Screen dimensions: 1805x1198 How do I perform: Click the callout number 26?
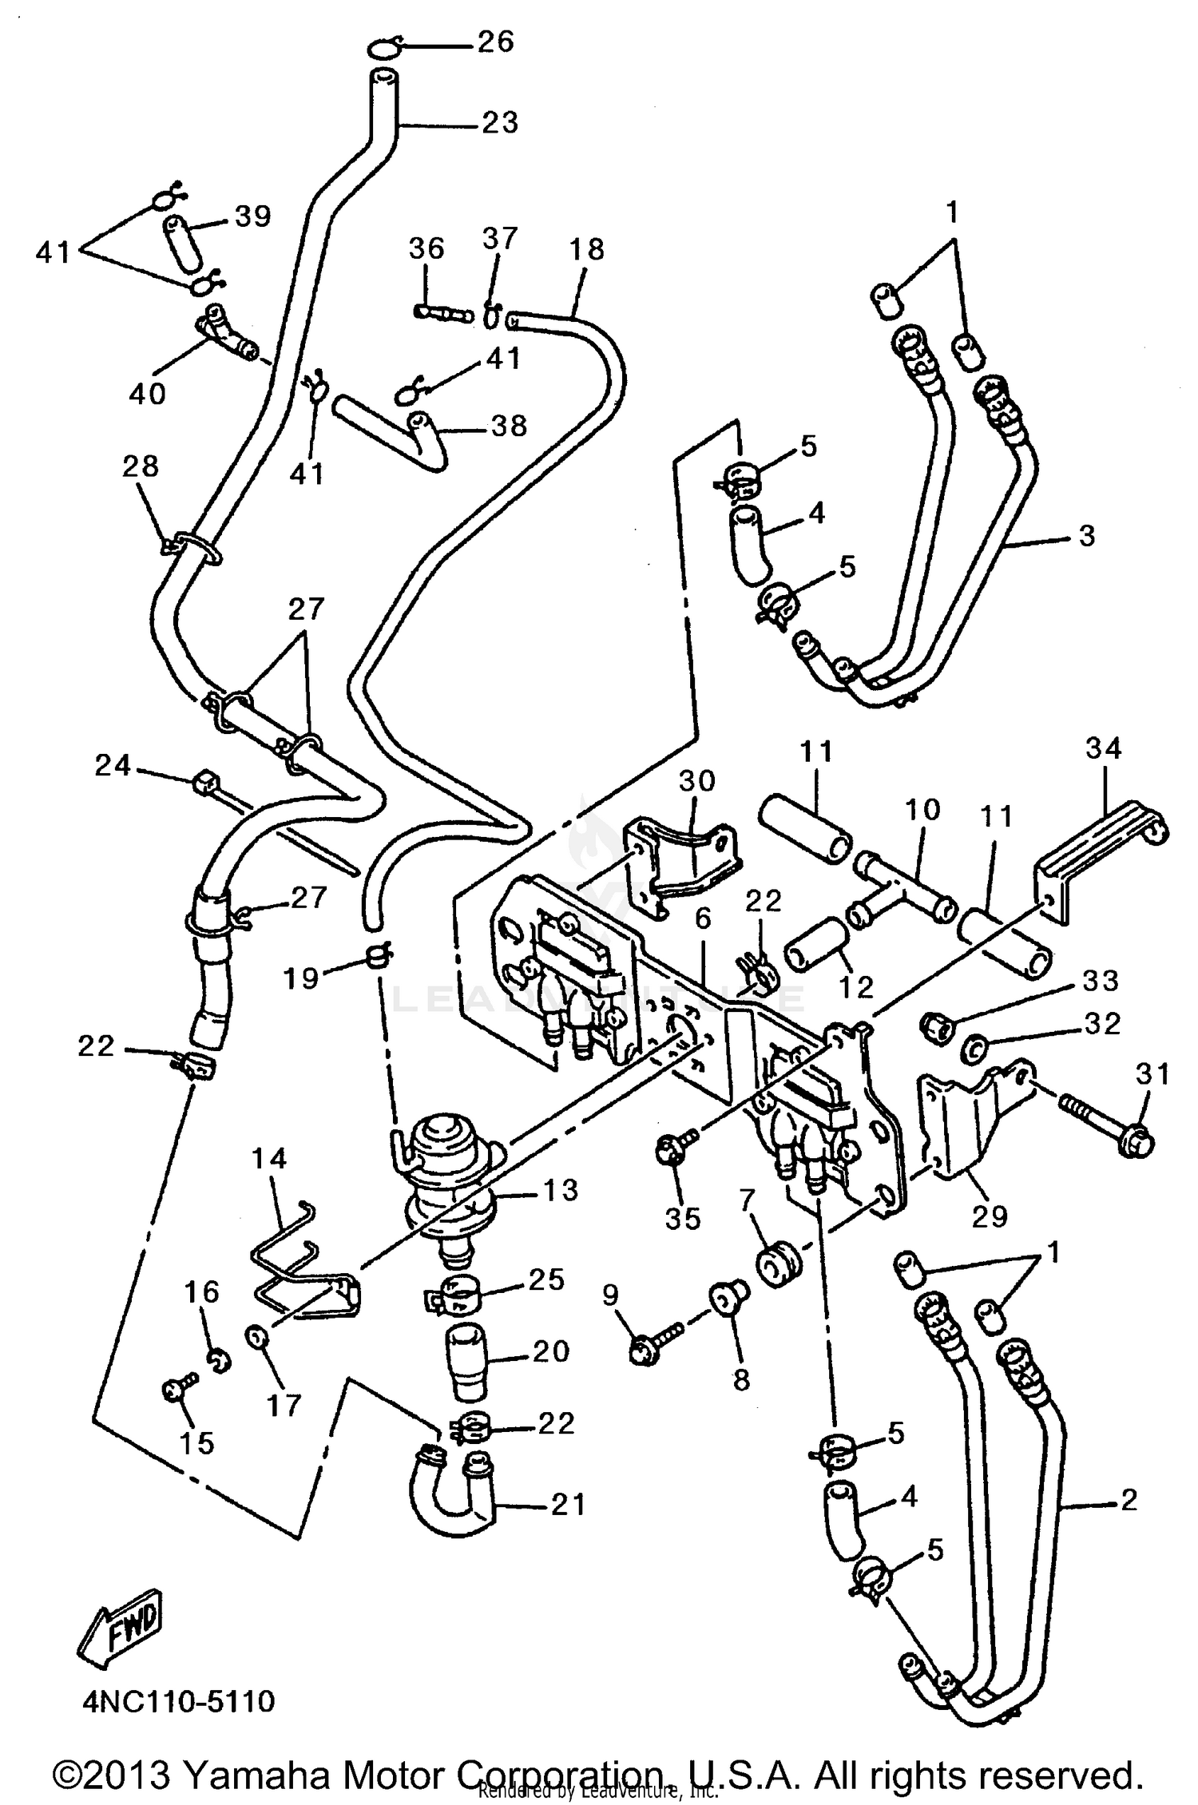point(495,42)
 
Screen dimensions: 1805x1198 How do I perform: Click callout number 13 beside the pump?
point(559,1190)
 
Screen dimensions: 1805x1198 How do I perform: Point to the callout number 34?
point(1104,748)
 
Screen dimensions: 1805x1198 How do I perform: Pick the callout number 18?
point(587,249)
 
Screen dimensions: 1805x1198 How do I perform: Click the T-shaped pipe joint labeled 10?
point(902,887)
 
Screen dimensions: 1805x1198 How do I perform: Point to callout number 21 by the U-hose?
point(567,1505)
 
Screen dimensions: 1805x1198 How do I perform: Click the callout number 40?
point(148,393)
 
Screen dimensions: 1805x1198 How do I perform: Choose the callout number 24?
point(113,766)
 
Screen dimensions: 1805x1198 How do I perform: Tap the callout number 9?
point(611,1295)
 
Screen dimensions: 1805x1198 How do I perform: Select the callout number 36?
point(426,248)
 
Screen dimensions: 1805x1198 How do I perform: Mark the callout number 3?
point(1086,536)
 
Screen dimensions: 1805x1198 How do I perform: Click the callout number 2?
point(1128,1500)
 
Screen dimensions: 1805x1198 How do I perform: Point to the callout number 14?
point(269,1158)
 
